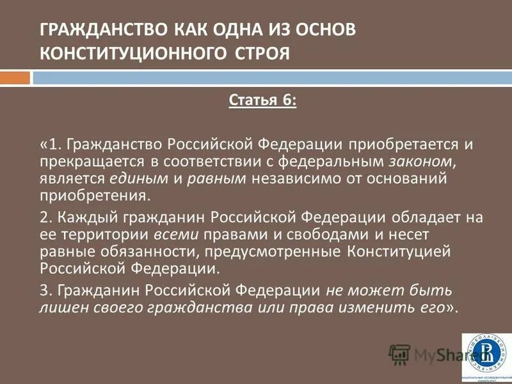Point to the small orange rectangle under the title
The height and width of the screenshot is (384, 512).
click(x=15, y=78)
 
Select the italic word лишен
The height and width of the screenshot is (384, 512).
click(x=60, y=307)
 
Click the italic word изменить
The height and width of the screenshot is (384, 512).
click(x=386, y=307)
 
